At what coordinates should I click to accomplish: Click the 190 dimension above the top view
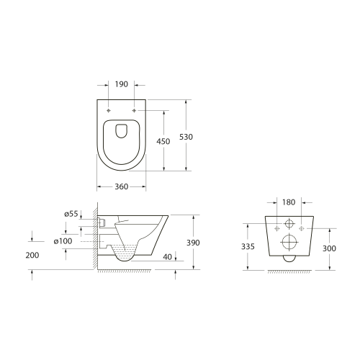121,84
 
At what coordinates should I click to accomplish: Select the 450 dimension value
163,142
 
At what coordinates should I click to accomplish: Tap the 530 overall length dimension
186,137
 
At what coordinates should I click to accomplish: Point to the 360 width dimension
121,186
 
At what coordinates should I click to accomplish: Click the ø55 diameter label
71,214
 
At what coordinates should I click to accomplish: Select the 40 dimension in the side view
168,256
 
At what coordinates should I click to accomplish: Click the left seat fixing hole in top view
109,110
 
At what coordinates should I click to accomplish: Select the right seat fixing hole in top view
134,110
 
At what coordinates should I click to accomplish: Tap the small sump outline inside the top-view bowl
121,131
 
